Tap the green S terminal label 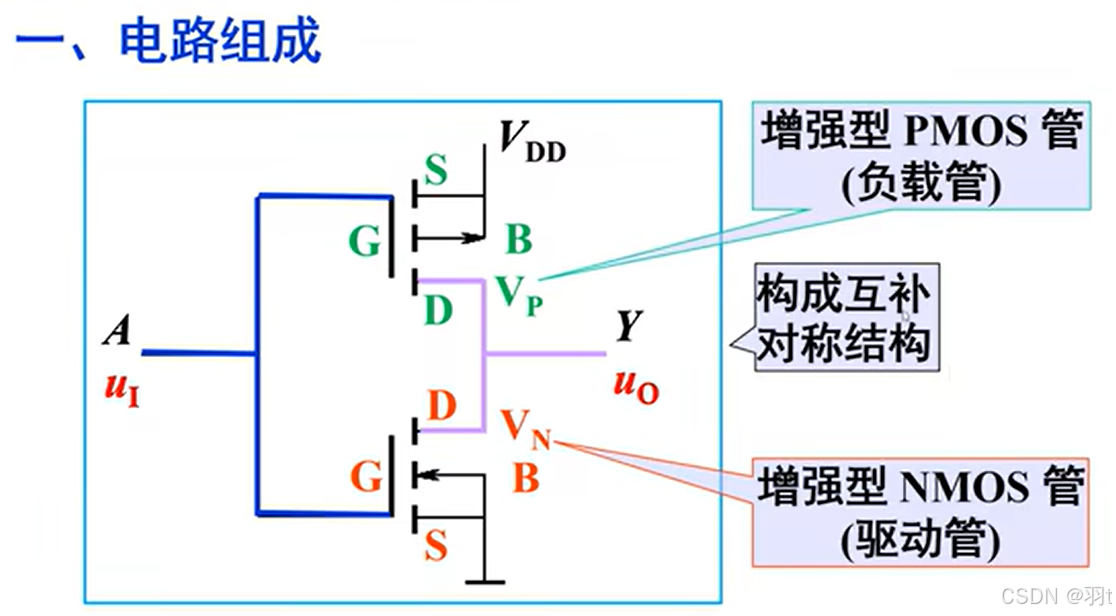pyautogui.click(x=436, y=173)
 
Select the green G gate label pyautogui.click(x=364, y=241)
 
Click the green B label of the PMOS pyautogui.click(x=518, y=241)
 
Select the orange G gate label pyautogui.click(x=366, y=479)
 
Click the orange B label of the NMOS pyautogui.click(x=526, y=479)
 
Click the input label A pyautogui.click(x=117, y=330)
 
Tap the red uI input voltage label pyautogui.click(x=121, y=389)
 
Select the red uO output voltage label pyautogui.click(x=635, y=385)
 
